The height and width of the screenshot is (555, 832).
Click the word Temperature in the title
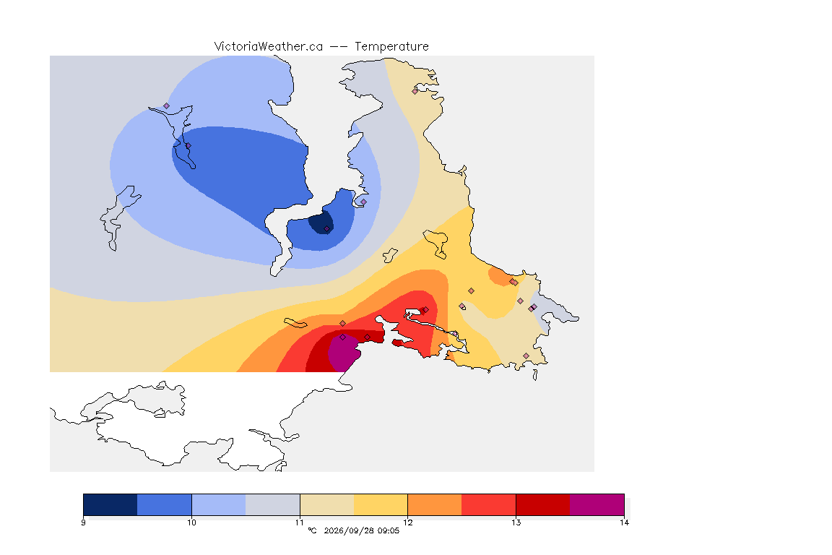[x=391, y=47]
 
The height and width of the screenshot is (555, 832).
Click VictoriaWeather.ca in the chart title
[x=269, y=47]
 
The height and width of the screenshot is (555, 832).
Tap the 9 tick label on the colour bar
[x=83, y=522]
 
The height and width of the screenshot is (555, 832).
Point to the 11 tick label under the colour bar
[x=300, y=522]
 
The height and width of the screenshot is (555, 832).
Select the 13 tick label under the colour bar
[x=516, y=522]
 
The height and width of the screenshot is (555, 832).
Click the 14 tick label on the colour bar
[x=625, y=522]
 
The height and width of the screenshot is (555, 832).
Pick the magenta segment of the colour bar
[x=597, y=504]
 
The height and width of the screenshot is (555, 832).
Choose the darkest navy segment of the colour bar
[x=110, y=504]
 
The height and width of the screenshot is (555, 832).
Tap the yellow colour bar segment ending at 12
[x=381, y=504]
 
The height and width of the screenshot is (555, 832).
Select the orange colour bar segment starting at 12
[x=435, y=504]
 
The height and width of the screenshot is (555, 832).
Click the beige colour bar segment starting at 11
[x=327, y=504]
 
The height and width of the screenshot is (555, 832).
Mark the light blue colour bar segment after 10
[x=219, y=504]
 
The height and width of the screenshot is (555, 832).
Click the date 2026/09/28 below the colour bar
[x=345, y=530]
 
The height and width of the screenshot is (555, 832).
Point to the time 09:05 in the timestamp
[x=389, y=530]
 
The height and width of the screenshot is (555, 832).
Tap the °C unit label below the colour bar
[x=313, y=530]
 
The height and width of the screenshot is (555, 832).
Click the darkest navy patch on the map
[x=321, y=223]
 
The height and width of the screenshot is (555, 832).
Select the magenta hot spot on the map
[x=343, y=352]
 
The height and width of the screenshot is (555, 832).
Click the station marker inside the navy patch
[x=327, y=229]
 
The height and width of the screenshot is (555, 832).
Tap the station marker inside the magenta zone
[x=343, y=337]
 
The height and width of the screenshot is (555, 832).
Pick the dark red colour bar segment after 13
[x=543, y=504]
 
